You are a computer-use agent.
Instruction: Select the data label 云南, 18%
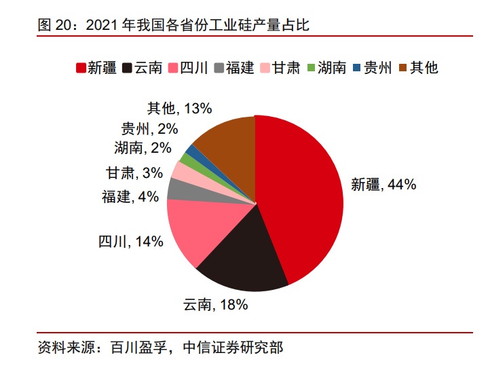tap(215, 305)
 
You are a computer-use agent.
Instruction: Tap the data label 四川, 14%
tap(131, 240)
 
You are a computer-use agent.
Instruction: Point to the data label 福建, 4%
tap(130, 197)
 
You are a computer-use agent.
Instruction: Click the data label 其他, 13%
tap(181, 107)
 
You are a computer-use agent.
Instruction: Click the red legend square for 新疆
tap(81, 68)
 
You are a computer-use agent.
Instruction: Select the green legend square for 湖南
tap(312, 68)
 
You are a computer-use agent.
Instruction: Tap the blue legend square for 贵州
tap(358, 68)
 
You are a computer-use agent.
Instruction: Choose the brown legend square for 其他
tap(403, 68)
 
